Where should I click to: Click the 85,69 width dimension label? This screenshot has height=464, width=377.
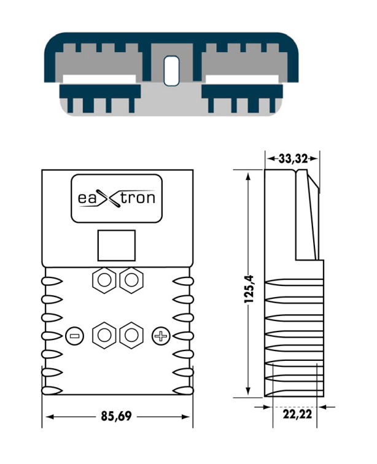116,416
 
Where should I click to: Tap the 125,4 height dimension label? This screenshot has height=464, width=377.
249,289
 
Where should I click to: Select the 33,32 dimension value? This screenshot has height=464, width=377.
293,159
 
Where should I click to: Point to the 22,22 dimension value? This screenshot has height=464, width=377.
297,414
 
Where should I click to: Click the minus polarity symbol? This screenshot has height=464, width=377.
74,336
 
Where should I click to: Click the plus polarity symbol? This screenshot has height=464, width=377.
161,336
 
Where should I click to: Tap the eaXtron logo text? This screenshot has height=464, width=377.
117,198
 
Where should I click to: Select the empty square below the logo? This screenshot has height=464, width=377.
117,246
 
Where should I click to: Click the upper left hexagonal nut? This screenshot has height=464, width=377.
104,280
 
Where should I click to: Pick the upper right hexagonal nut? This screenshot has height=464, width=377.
131,280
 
